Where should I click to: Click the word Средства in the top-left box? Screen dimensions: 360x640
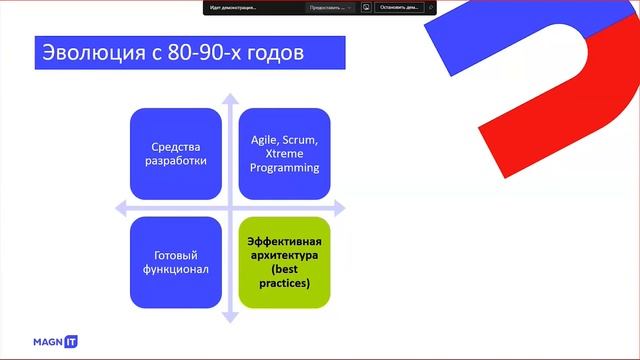pyautogui.click(x=175, y=146)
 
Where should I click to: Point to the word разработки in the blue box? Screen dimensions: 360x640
pyautogui.click(x=175, y=161)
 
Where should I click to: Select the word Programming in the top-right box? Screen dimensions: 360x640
pyautogui.click(x=285, y=168)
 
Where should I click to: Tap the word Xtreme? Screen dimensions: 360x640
pyautogui.click(x=285, y=154)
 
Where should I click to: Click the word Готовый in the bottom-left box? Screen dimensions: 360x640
pyautogui.click(x=175, y=255)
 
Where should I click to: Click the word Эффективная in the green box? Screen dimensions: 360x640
pyautogui.click(x=285, y=241)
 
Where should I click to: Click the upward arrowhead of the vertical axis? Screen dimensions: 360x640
pyautogui.click(x=230, y=99)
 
